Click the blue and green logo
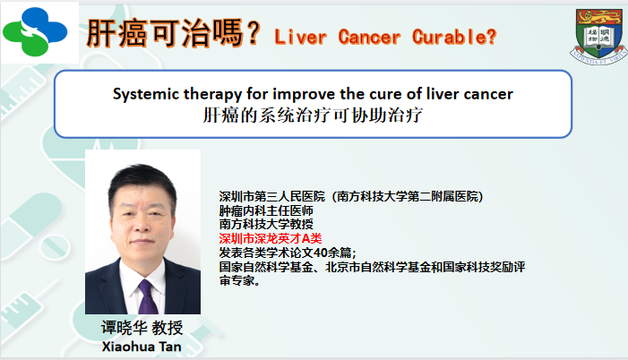(x=35, y=31)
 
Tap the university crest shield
(x=599, y=36)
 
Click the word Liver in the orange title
(x=300, y=38)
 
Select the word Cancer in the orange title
(x=369, y=38)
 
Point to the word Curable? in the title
(x=454, y=38)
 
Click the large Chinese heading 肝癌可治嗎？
(x=174, y=33)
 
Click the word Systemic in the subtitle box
(x=146, y=95)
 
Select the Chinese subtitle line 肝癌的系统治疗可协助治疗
(x=313, y=116)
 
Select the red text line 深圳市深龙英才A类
(x=271, y=239)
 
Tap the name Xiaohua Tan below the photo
(x=142, y=347)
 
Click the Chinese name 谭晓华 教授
(x=142, y=328)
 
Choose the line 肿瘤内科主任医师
(x=266, y=210)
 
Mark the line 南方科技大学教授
(x=266, y=224)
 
